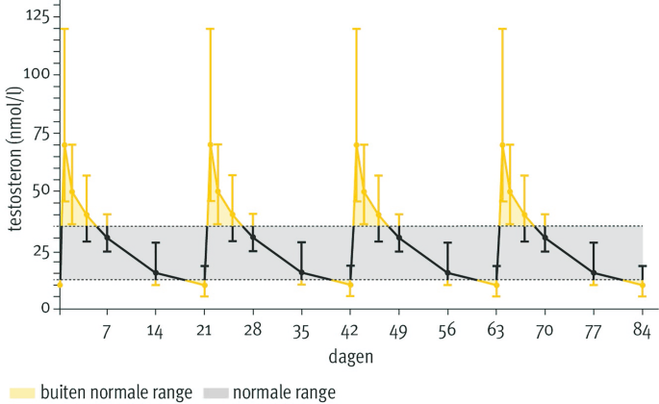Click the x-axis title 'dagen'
[350, 356]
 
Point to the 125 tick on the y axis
[37, 16]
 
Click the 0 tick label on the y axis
[44, 308]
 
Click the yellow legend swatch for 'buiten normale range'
[19, 392]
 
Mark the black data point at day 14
[156, 273]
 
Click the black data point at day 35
[302, 272]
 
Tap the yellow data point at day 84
[643, 285]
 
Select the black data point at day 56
[447, 273]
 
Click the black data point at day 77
[594, 273]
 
